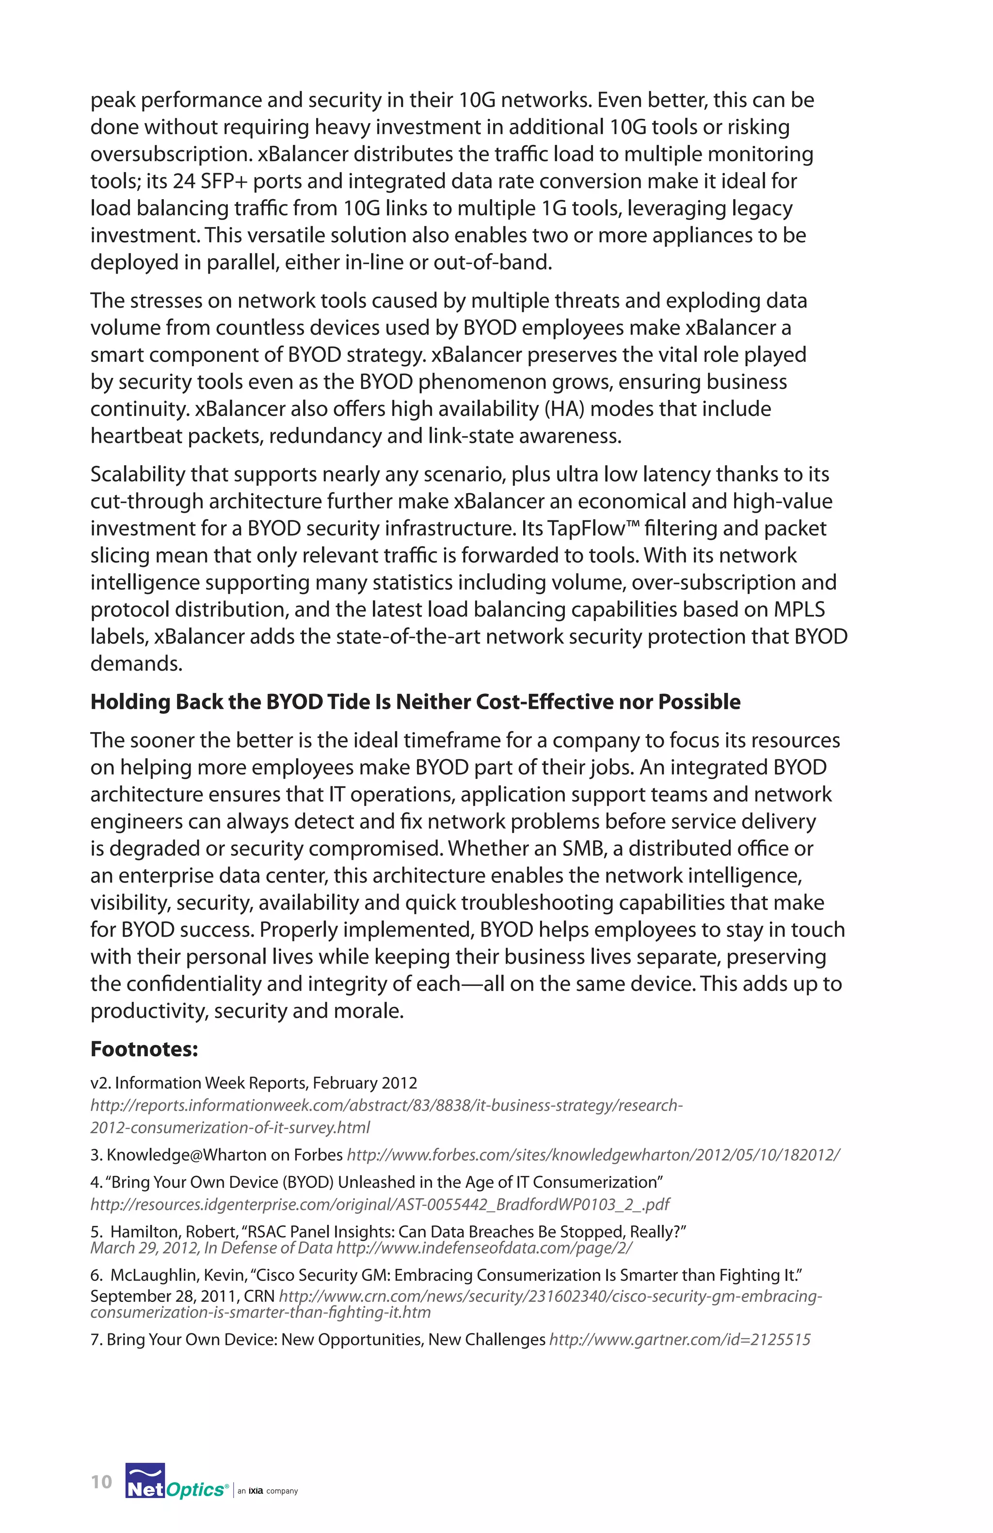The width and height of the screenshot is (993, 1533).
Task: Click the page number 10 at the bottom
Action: [x=101, y=1482]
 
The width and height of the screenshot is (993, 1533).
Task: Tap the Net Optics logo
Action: [x=176, y=1482]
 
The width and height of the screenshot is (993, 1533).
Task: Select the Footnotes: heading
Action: [x=144, y=1049]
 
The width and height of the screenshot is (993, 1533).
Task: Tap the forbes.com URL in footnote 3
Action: [x=593, y=1155]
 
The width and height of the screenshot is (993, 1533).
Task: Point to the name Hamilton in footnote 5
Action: [x=145, y=1232]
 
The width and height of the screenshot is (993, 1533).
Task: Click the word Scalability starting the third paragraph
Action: [x=137, y=474]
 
